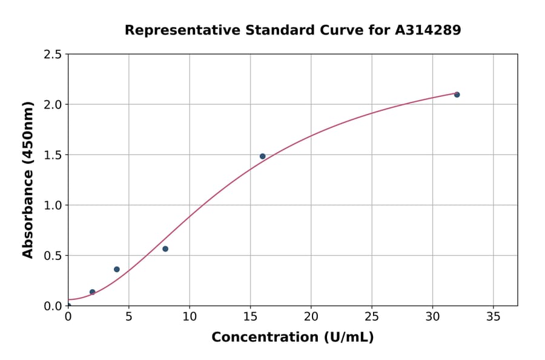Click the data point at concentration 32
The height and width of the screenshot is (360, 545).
[x=457, y=95]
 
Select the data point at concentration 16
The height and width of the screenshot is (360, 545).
[x=262, y=156]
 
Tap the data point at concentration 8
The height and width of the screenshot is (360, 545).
[x=165, y=249]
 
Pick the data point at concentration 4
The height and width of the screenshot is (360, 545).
[x=117, y=269]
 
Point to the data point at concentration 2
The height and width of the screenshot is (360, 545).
[x=93, y=292]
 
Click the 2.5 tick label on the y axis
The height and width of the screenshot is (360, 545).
[x=53, y=55]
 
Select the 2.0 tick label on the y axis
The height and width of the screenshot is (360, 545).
[x=53, y=105]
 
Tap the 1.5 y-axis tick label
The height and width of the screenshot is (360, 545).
[x=53, y=155]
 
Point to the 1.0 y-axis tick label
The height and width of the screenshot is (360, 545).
[x=53, y=205]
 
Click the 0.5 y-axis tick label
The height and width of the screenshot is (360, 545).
[x=53, y=256]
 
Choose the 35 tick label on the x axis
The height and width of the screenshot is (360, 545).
[x=493, y=316]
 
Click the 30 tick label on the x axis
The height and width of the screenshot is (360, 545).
[x=432, y=316]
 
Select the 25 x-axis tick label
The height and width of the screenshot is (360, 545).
[x=371, y=316]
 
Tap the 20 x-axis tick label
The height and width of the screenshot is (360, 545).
[x=311, y=316]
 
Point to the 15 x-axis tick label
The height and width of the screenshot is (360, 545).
[x=250, y=316]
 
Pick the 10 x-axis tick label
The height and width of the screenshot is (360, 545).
[x=189, y=316]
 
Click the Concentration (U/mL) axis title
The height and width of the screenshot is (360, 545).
[x=292, y=338]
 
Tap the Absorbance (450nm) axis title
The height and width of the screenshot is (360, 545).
[x=28, y=179]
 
